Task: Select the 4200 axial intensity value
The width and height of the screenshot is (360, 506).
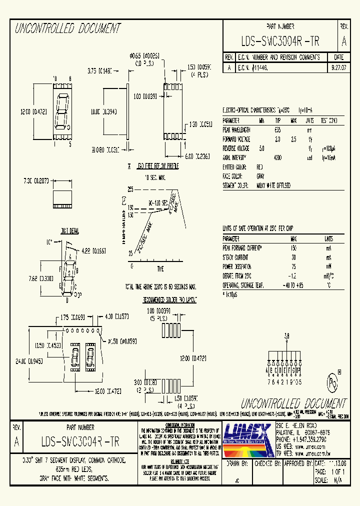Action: (x=278, y=157)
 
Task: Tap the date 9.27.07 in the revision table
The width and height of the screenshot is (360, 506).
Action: (x=338, y=65)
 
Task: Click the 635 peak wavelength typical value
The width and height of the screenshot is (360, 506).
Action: (x=278, y=129)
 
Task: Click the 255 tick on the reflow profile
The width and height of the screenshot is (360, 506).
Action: (x=130, y=189)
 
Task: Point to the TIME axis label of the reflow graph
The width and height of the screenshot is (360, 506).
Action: (x=160, y=269)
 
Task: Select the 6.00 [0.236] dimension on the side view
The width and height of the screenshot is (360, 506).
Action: (x=195, y=156)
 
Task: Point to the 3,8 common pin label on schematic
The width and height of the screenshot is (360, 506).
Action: (x=286, y=336)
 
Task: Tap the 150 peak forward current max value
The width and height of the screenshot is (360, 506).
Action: (x=293, y=248)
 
